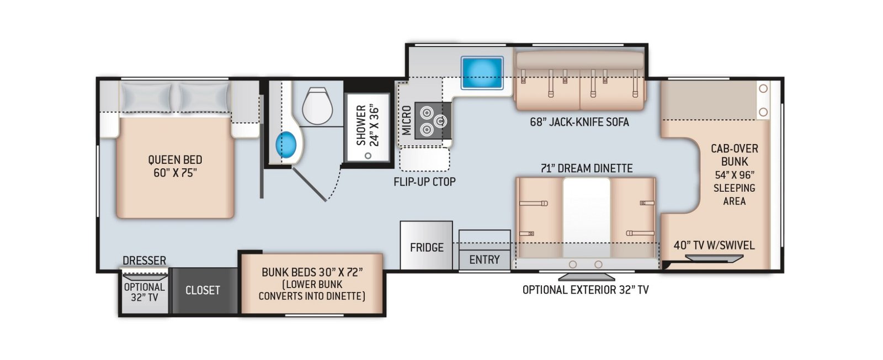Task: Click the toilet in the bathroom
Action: (x=317, y=105)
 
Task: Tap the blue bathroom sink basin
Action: (x=286, y=145)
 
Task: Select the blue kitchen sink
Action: (x=482, y=73)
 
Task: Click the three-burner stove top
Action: (x=433, y=121)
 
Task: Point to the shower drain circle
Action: (x=368, y=155)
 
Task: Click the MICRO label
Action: (x=406, y=120)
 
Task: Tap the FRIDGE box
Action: (x=426, y=245)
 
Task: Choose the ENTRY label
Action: (x=485, y=260)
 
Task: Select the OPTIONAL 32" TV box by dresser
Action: (x=144, y=292)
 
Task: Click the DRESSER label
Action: (x=144, y=260)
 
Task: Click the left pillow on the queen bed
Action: (x=146, y=97)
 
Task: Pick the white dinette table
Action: (x=586, y=218)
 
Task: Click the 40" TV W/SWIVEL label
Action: (x=714, y=245)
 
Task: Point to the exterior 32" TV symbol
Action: (x=586, y=276)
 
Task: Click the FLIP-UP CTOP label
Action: (x=424, y=182)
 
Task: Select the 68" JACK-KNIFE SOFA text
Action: (x=579, y=122)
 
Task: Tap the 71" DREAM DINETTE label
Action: (x=586, y=168)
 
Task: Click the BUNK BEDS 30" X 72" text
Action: (x=312, y=272)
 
